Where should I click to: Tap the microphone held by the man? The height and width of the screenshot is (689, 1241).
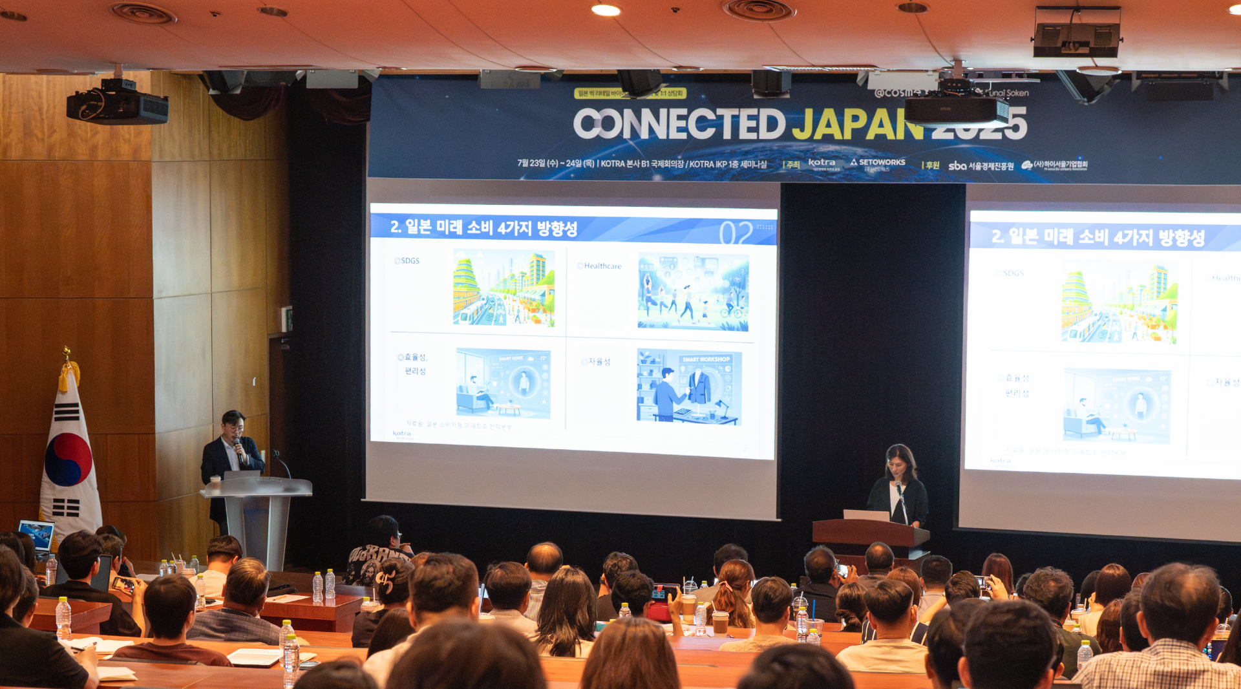237,447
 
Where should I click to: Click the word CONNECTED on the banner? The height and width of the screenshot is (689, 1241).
679,123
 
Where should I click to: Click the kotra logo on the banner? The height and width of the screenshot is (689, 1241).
822,163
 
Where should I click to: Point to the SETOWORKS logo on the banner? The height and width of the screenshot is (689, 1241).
878,163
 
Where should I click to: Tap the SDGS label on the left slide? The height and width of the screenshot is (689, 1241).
408,261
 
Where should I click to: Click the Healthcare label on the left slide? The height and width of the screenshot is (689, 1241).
600,266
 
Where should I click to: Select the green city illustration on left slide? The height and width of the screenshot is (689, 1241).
504,287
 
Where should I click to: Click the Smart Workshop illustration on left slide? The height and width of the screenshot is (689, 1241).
689,387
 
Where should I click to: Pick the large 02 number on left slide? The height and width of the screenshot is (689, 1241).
736,232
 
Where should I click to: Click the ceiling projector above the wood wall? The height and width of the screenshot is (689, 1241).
117,104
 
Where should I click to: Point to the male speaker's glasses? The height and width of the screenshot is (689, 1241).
233,427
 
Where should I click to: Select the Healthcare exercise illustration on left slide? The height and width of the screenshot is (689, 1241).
693,292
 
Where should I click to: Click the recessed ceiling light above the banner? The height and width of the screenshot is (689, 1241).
606,10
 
